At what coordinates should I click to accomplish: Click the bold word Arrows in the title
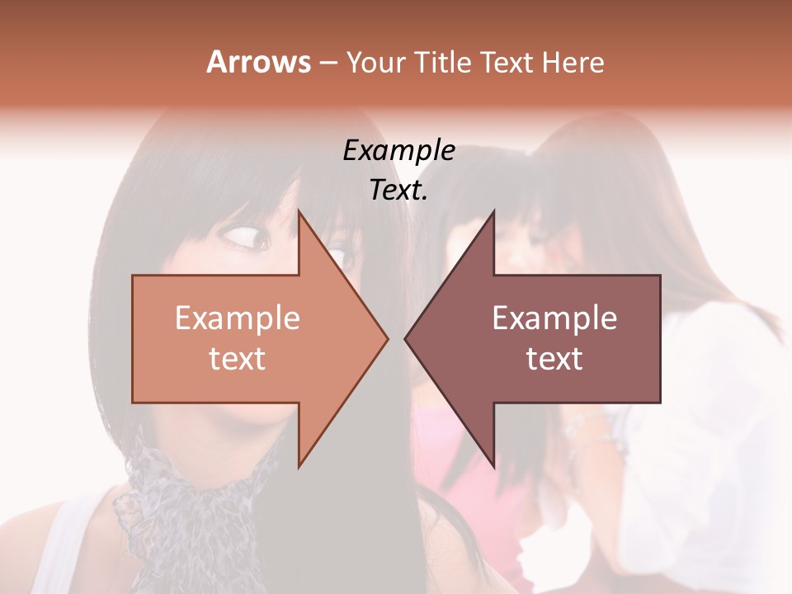(x=259, y=62)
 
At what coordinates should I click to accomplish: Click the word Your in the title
(x=375, y=62)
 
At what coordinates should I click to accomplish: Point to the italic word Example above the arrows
(x=398, y=150)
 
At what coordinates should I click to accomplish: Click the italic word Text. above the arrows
(x=398, y=190)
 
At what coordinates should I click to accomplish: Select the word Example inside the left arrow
(x=238, y=318)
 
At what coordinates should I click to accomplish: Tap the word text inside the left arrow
(x=238, y=358)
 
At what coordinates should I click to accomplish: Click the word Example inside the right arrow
(x=554, y=318)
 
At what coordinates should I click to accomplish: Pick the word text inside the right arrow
(x=554, y=358)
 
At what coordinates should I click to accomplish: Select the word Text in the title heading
(x=508, y=62)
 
